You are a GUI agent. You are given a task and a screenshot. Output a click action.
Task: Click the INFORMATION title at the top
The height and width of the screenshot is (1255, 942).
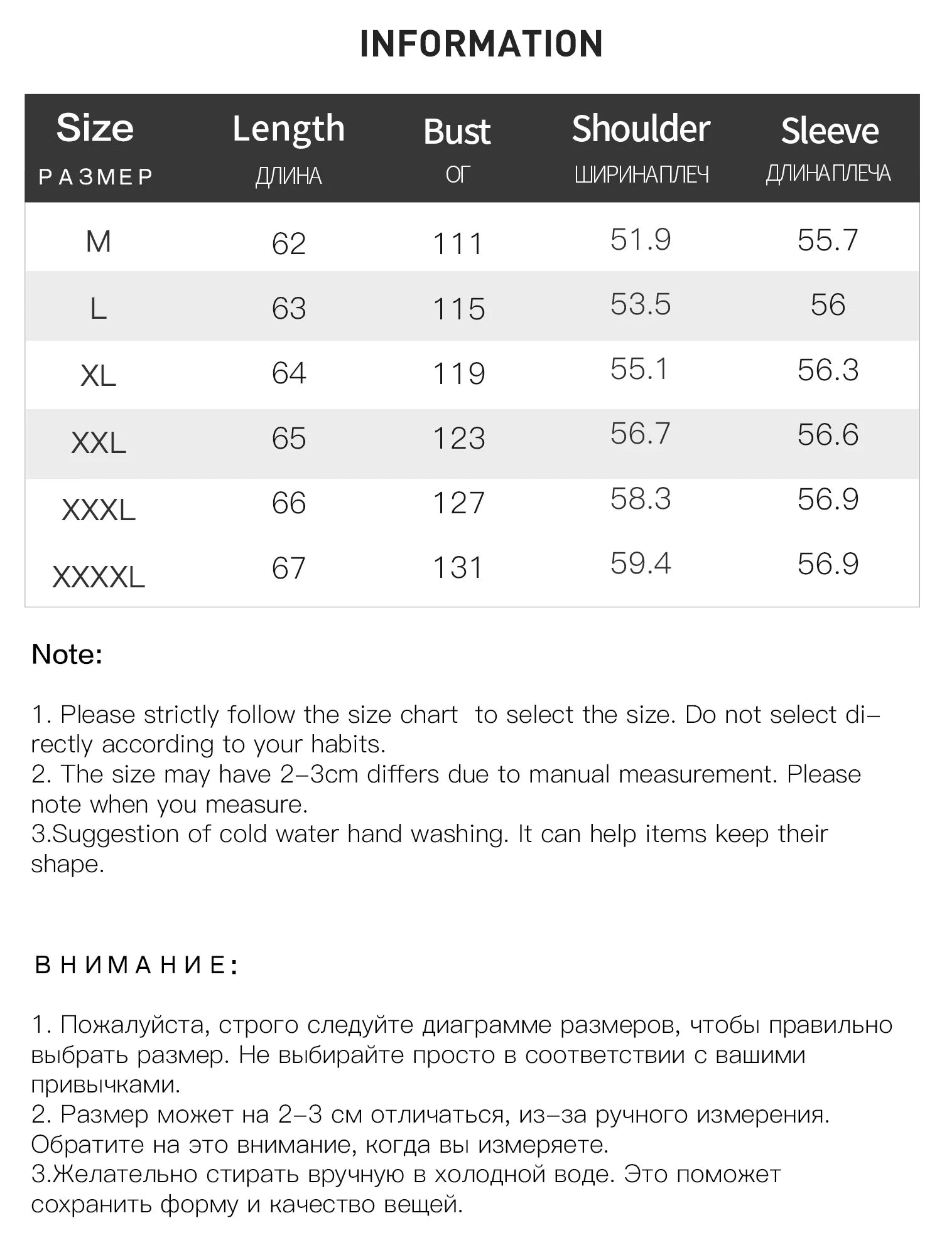click(x=481, y=44)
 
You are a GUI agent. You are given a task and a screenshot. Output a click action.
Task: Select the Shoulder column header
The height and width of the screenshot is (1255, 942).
click(x=641, y=129)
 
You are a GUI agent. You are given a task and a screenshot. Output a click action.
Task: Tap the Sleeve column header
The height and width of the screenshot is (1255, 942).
click(x=829, y=131)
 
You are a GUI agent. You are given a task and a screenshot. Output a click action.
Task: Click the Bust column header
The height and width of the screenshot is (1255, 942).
click(x=457, y=132)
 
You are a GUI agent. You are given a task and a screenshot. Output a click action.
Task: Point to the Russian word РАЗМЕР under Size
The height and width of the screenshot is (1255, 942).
click(x=95, y=177)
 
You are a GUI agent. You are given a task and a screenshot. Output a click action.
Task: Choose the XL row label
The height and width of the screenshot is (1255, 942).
click(x=98, y=376)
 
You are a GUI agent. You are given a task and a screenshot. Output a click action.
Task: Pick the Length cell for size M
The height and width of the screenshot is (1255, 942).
click(x=288, y=243)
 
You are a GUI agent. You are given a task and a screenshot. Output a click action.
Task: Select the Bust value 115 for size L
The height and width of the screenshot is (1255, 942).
click(x=458, y=309)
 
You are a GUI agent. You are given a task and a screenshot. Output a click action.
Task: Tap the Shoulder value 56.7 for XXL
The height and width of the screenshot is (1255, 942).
click(x=640, y=434)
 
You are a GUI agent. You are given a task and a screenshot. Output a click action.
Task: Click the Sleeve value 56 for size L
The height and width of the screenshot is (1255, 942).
click(x=828, y=305)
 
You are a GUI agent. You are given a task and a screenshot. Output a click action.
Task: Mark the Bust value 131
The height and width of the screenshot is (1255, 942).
click(x=457, y=567)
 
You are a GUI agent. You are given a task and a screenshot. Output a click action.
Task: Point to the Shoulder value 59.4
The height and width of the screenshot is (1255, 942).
click(x=640, y=563)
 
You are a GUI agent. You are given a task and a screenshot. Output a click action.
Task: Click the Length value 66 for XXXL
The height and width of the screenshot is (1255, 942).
click(x=288, y=503)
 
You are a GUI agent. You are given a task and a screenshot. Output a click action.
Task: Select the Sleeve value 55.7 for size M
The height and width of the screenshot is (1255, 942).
click(x=828, y=240)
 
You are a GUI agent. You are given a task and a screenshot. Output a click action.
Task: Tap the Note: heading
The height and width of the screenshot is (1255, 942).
click(x=67, y=654)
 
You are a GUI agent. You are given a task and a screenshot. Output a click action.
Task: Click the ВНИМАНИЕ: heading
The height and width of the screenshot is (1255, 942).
click(x=136, y=964)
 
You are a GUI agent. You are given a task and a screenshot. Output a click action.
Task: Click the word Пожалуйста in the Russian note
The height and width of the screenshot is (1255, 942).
click(x=133, y=1025)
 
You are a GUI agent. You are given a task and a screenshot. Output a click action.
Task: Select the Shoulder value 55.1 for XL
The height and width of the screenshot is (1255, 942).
click(x=639, y=369)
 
